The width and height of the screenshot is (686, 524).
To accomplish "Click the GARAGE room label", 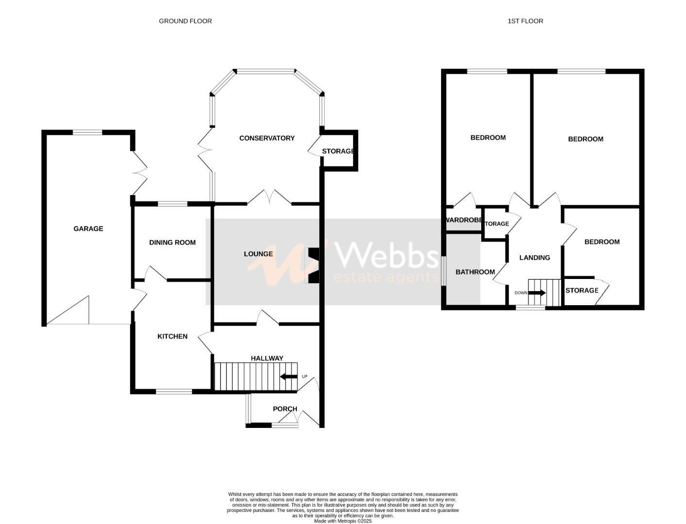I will coord(88,229).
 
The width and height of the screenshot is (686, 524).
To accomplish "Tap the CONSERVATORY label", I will coord(267,138).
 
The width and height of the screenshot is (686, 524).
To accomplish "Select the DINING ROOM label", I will coord(172,243).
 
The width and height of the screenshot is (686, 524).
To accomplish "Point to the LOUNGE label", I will coord(258,254).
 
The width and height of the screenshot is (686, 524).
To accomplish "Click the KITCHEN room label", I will coord(172,336).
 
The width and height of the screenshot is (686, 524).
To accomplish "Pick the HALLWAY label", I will coord(267,358).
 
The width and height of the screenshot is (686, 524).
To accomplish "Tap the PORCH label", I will coord(285,409).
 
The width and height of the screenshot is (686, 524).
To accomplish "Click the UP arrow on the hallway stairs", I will coord(289,377).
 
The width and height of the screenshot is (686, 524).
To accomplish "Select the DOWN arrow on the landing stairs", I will coord(536,293).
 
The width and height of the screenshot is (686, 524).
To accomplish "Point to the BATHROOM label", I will coord(475,272).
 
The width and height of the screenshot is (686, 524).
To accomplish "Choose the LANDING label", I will coord(534,258).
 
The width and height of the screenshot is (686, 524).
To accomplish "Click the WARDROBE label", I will coord(464,220).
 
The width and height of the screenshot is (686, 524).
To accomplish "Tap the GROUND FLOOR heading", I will coord(185,21).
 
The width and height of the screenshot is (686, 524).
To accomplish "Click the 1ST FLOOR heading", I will coord(525,21).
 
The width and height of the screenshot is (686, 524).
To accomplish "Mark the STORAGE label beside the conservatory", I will coord(338,151).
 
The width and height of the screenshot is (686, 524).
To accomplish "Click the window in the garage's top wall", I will coord(87,132).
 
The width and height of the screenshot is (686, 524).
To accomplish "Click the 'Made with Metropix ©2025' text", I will coord(343,521).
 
